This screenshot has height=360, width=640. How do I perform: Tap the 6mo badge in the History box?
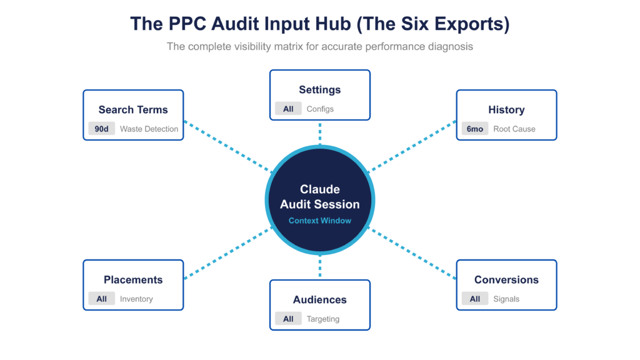click(x=474, y=129)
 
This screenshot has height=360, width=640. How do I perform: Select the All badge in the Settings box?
click(x=287, y=109)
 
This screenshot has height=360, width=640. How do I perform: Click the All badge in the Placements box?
click(x=101, y=299)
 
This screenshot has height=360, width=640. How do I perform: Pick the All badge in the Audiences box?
click(x=287, y=319)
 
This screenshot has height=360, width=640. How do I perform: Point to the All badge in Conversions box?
click(x=474, y=299)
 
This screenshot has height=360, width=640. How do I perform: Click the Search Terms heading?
click(x=133, y=109)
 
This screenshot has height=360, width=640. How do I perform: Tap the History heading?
click(x=506, y=109)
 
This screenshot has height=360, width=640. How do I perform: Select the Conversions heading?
click(x=506, y=279)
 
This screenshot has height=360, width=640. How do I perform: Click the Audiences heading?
click(x=319, y=299)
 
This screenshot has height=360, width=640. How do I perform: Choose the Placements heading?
click(x=133, y=279)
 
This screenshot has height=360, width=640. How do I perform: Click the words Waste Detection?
click(x=149, y=129)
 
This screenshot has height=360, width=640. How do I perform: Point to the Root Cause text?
click(x=514, y=129)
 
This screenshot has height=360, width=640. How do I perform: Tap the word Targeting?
click(x=322, y=319)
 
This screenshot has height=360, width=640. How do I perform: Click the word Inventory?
click(x=136, y=299)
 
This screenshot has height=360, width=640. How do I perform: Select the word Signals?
click(x=506, y=299)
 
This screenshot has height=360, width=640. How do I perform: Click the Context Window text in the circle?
click(x=319, y=221)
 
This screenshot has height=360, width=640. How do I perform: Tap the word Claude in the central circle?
click(x=319, y=189)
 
